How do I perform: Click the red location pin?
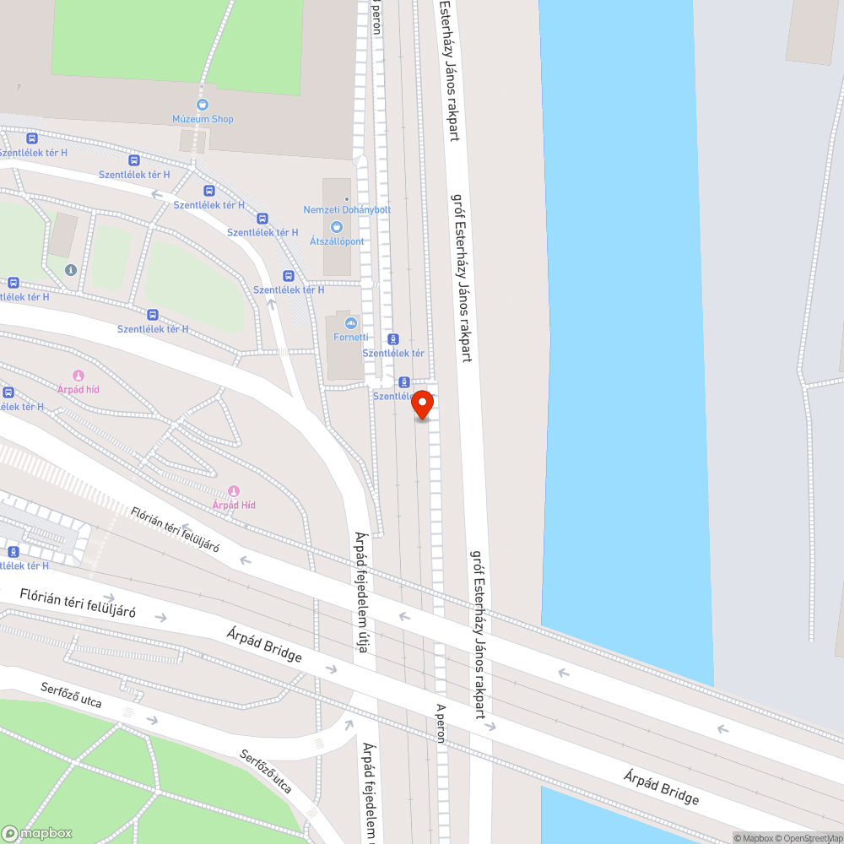tap(422, 406)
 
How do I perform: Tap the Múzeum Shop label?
tap(203, 119)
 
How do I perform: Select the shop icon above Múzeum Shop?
tap(203, 105)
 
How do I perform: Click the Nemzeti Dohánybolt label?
tap(347, 209)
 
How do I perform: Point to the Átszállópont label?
tap(337, 241)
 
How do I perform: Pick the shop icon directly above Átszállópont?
tap(337, 226)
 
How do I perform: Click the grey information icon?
tap(70, 270)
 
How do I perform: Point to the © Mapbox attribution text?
tap(754, 838)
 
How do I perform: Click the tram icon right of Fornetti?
tap(393, 338)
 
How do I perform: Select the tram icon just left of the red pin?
tap(403, 381)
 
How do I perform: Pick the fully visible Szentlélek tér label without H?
tap(393, 353)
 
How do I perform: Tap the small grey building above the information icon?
tap(62, 235)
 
